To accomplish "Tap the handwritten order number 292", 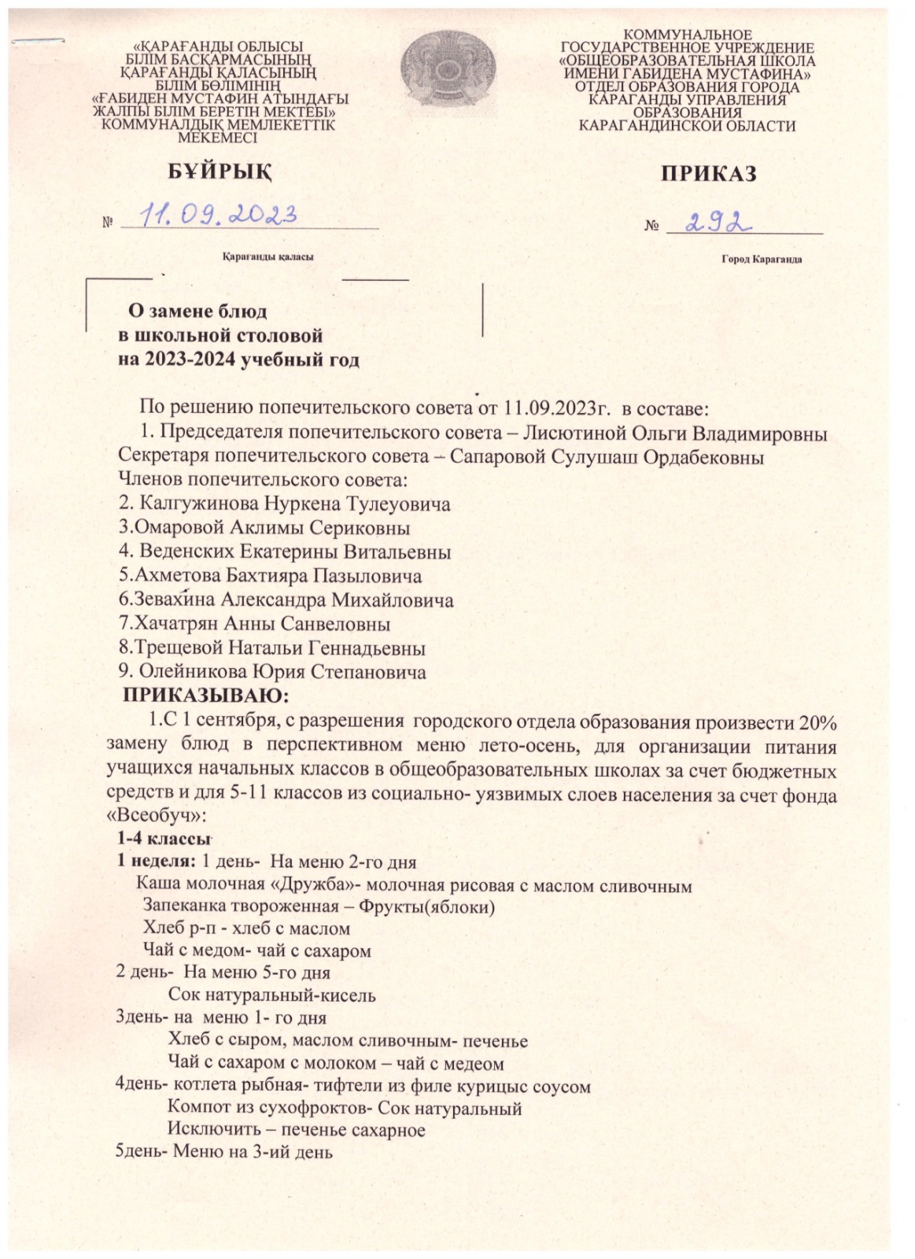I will [x=714, y=223].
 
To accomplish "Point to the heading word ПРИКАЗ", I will [x=708, y=173].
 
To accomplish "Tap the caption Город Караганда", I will [x=762, y=259].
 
